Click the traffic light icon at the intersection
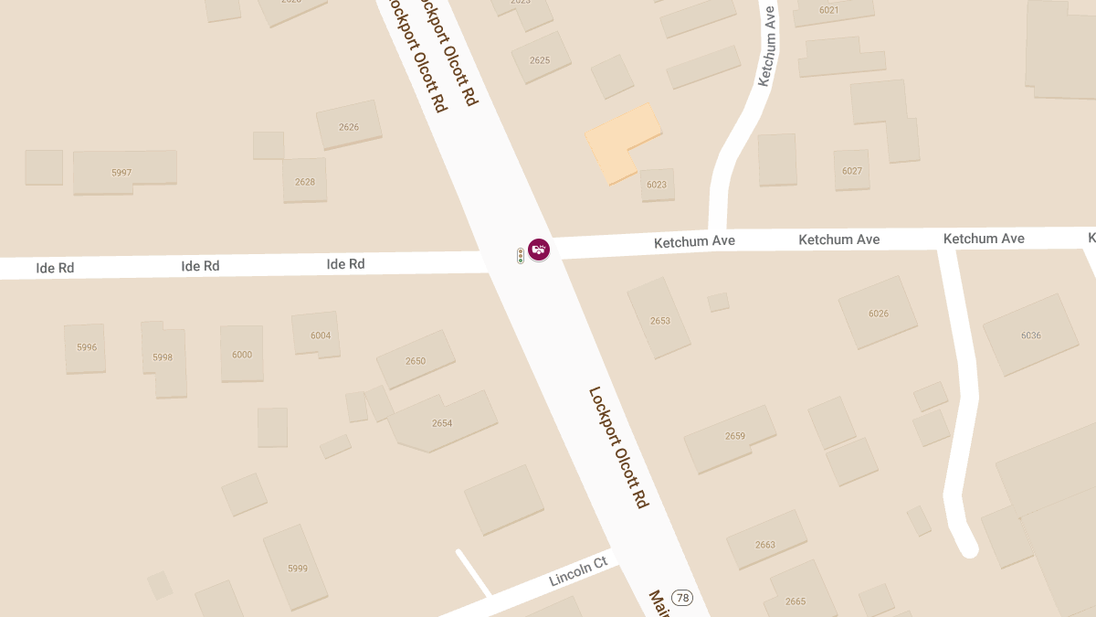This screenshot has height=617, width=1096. (x=521, y=256)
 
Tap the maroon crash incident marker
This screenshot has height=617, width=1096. (x=539, y=248)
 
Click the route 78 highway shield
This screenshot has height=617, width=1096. (x=682, y=598)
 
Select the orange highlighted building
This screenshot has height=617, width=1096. (x=621, y=142)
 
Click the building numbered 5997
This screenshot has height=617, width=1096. (x=123, y=172)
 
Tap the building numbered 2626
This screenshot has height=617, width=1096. (x=349, y=126)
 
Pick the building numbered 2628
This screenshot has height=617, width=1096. (x=305, y=181)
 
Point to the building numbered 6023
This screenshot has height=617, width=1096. (x=657, y=184)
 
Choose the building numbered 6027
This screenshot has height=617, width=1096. (x=851, y=170)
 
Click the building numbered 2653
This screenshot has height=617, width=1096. (x=659, y=320)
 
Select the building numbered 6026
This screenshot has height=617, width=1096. (x=878, y=314)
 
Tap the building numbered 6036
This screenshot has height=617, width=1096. (x=1030, y=335)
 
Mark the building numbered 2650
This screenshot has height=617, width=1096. (x=416, y=360)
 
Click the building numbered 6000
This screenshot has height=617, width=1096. (x=242, y=354)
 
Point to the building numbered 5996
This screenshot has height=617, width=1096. (x=86, y=347)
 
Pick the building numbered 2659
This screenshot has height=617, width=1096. (x=734, y=436)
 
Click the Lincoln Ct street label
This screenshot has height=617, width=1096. (x=578, y=571)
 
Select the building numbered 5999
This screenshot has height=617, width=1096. (x=297, y=568)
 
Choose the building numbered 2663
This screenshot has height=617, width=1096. (x=765, y=544)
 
